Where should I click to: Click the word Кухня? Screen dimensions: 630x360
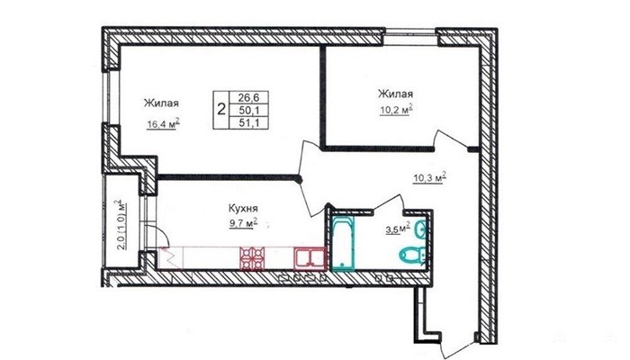click(x=243, y=209)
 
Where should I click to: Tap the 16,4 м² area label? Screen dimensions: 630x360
click(x=163, y=124)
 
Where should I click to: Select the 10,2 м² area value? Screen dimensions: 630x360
click(x=397, y=110)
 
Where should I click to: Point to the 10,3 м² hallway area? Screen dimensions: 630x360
click(x=430, y=177)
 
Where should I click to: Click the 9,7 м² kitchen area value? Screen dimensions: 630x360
click(x=244, y=223)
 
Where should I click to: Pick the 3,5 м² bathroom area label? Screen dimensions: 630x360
click(x=398, y=229)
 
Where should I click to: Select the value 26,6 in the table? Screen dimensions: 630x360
click(x=247, y=97)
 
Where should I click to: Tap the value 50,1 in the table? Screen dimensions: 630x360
click(x=247, y=110)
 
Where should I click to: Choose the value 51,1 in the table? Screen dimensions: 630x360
click(x=247, y=122)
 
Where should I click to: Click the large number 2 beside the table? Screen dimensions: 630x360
click(x=221, y=109)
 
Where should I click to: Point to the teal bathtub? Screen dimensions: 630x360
click(x=343, y=243)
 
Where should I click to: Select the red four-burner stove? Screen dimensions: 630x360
click(x=252, y=258)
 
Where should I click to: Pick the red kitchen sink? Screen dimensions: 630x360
click(x=310, y=258)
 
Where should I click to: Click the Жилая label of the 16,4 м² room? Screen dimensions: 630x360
click(x=161, y=103)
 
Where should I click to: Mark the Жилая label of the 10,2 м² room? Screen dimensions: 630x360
click(x=395, y=94)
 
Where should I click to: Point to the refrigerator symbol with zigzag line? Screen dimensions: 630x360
click(x=172, y=257)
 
